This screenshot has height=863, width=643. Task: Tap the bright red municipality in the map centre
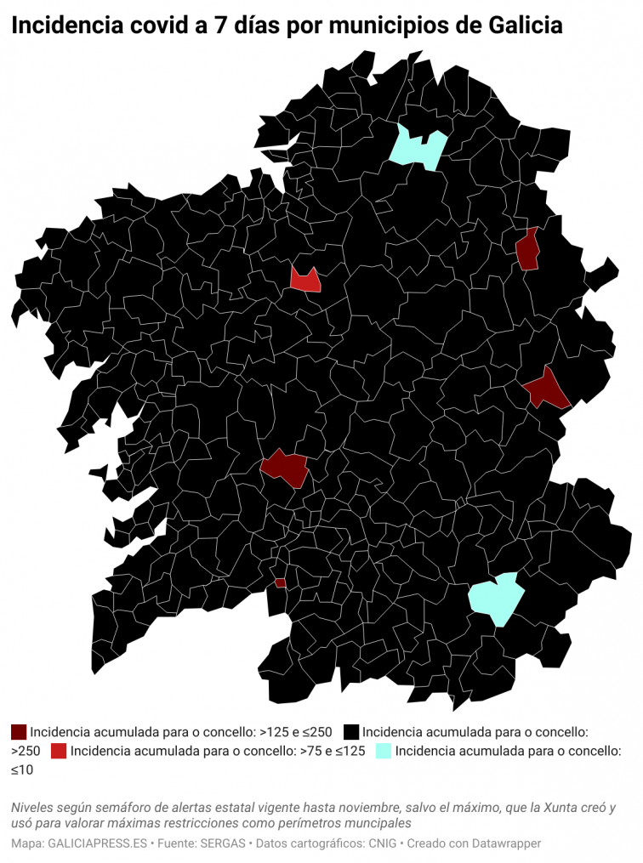click(x=304, y=280)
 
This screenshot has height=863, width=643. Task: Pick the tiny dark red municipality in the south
click(x=280, y=583)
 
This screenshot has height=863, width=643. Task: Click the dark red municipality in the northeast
click(x=528, y=250)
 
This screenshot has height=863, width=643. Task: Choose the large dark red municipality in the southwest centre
click(x=286, y=467)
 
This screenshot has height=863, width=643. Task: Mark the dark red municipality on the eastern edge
click(x=546, y=390)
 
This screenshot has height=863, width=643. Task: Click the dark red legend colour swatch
click(x=19, y=731)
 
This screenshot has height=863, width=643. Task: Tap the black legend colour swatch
click(x=350, y=731)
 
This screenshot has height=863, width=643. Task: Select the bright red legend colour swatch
click(x=59, y=751)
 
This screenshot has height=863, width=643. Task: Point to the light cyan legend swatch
click(x=384, y=751)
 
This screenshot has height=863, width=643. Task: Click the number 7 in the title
click(x=219, y=26)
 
